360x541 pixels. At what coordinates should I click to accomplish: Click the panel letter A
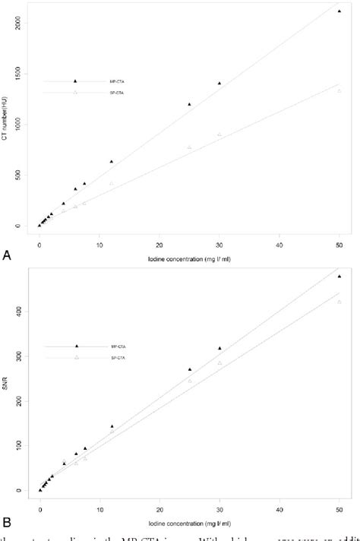point(8,257)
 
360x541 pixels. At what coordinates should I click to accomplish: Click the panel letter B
point(8,522)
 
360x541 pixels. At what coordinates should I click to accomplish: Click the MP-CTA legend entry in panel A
point(104,81)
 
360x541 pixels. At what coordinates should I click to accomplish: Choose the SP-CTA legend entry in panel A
point(104,93)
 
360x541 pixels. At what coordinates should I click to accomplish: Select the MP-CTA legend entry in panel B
point(105,346)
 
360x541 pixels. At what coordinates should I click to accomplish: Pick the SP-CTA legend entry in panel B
point(105,358)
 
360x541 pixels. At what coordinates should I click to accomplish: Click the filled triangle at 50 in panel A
point(339,11)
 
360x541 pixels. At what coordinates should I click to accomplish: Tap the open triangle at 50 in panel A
point(339,91)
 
